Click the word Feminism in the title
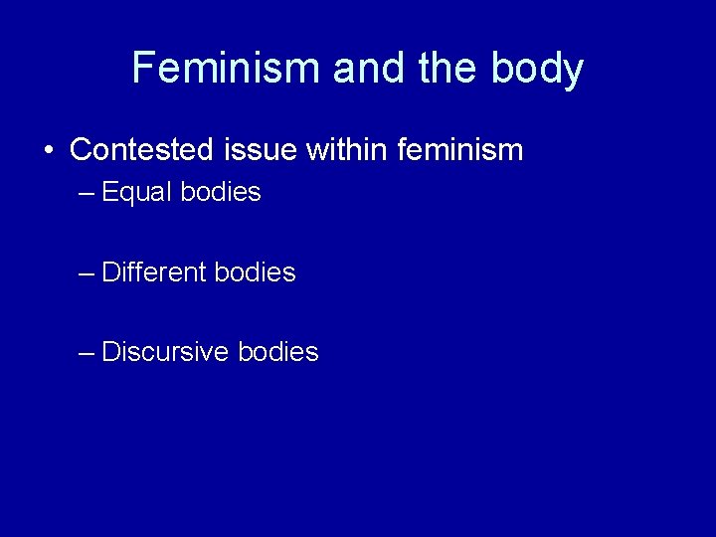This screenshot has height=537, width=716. tap(227, 69)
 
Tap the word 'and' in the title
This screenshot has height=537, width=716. tap(368, 69)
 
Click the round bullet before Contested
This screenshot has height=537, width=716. tap(48, 151)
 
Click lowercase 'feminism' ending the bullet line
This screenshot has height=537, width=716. tap(460, 150)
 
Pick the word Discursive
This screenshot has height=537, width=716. tap(165, 351)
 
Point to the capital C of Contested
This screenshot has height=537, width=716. tap(81, 150)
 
